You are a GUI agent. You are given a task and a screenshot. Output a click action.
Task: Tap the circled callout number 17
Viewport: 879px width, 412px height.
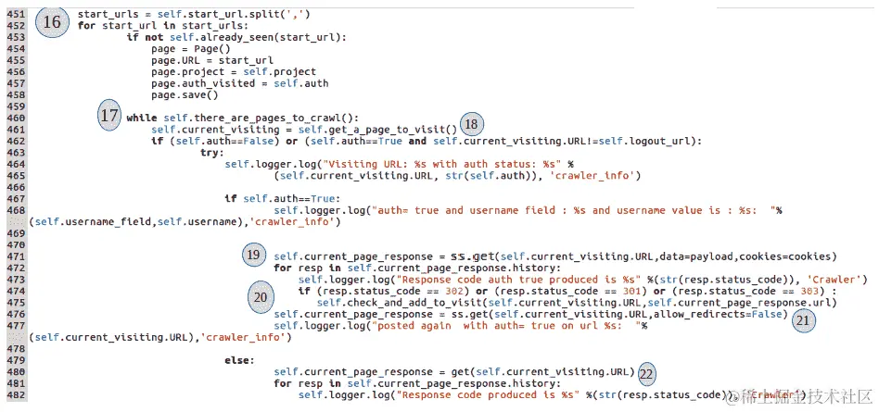point(110,117)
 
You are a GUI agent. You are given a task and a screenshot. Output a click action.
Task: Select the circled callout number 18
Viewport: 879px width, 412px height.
point(472,125)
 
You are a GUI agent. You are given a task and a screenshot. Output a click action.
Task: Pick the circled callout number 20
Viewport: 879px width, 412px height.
point(262,296)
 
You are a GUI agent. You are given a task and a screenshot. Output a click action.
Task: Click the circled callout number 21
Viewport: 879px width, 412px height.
point(803,319)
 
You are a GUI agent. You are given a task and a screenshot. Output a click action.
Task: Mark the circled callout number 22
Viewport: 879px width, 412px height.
point(646,375)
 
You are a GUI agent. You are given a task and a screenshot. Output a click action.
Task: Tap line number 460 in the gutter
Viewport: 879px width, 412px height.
point(15,118)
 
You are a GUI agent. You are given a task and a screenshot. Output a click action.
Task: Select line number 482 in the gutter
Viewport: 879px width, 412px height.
point(15,395)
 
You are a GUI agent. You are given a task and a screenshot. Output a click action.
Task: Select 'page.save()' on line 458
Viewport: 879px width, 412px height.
point(185,94)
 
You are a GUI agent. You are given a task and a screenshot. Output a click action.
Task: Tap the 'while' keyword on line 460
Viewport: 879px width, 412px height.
point(141,118)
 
